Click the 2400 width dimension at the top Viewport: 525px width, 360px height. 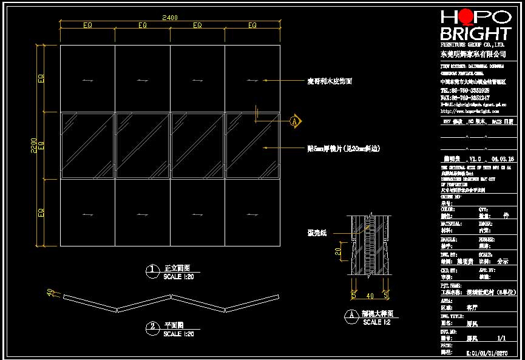click(x=170, y=18)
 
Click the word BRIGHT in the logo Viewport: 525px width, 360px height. click(x=476, y=33)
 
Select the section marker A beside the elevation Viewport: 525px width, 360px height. click(x=295, y=121)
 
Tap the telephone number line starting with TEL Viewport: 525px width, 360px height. click(x=465, y=90)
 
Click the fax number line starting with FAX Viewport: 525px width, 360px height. click(x=465, y=97)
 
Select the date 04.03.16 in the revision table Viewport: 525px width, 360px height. click(x=503, y=157)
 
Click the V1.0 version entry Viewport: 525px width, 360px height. click(x=478, y=157)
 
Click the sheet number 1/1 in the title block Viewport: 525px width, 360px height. click(x=501, y=339)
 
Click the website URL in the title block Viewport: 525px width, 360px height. click(x=469, y=111)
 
